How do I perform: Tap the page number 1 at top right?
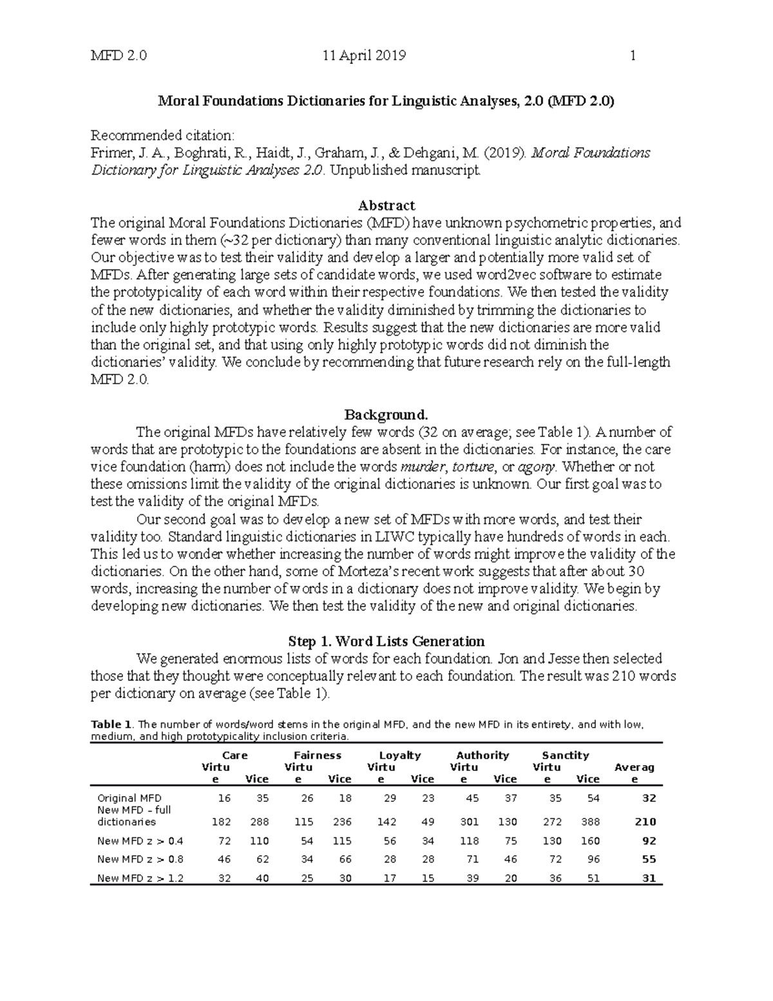[x=633, y=55]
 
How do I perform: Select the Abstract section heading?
[x=386, y=206]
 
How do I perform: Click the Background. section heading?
[x=386, y=414]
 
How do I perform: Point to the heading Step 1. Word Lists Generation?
[x=386, y=641]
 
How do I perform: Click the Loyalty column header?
[x=399, y=755]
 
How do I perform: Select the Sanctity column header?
[x=565, y=755]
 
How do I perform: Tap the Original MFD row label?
[x=129, y=798]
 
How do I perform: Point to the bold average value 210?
[x=644, y=822]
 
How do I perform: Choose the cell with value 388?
[x=589, y=822]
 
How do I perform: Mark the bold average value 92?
[x=648, y=841]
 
